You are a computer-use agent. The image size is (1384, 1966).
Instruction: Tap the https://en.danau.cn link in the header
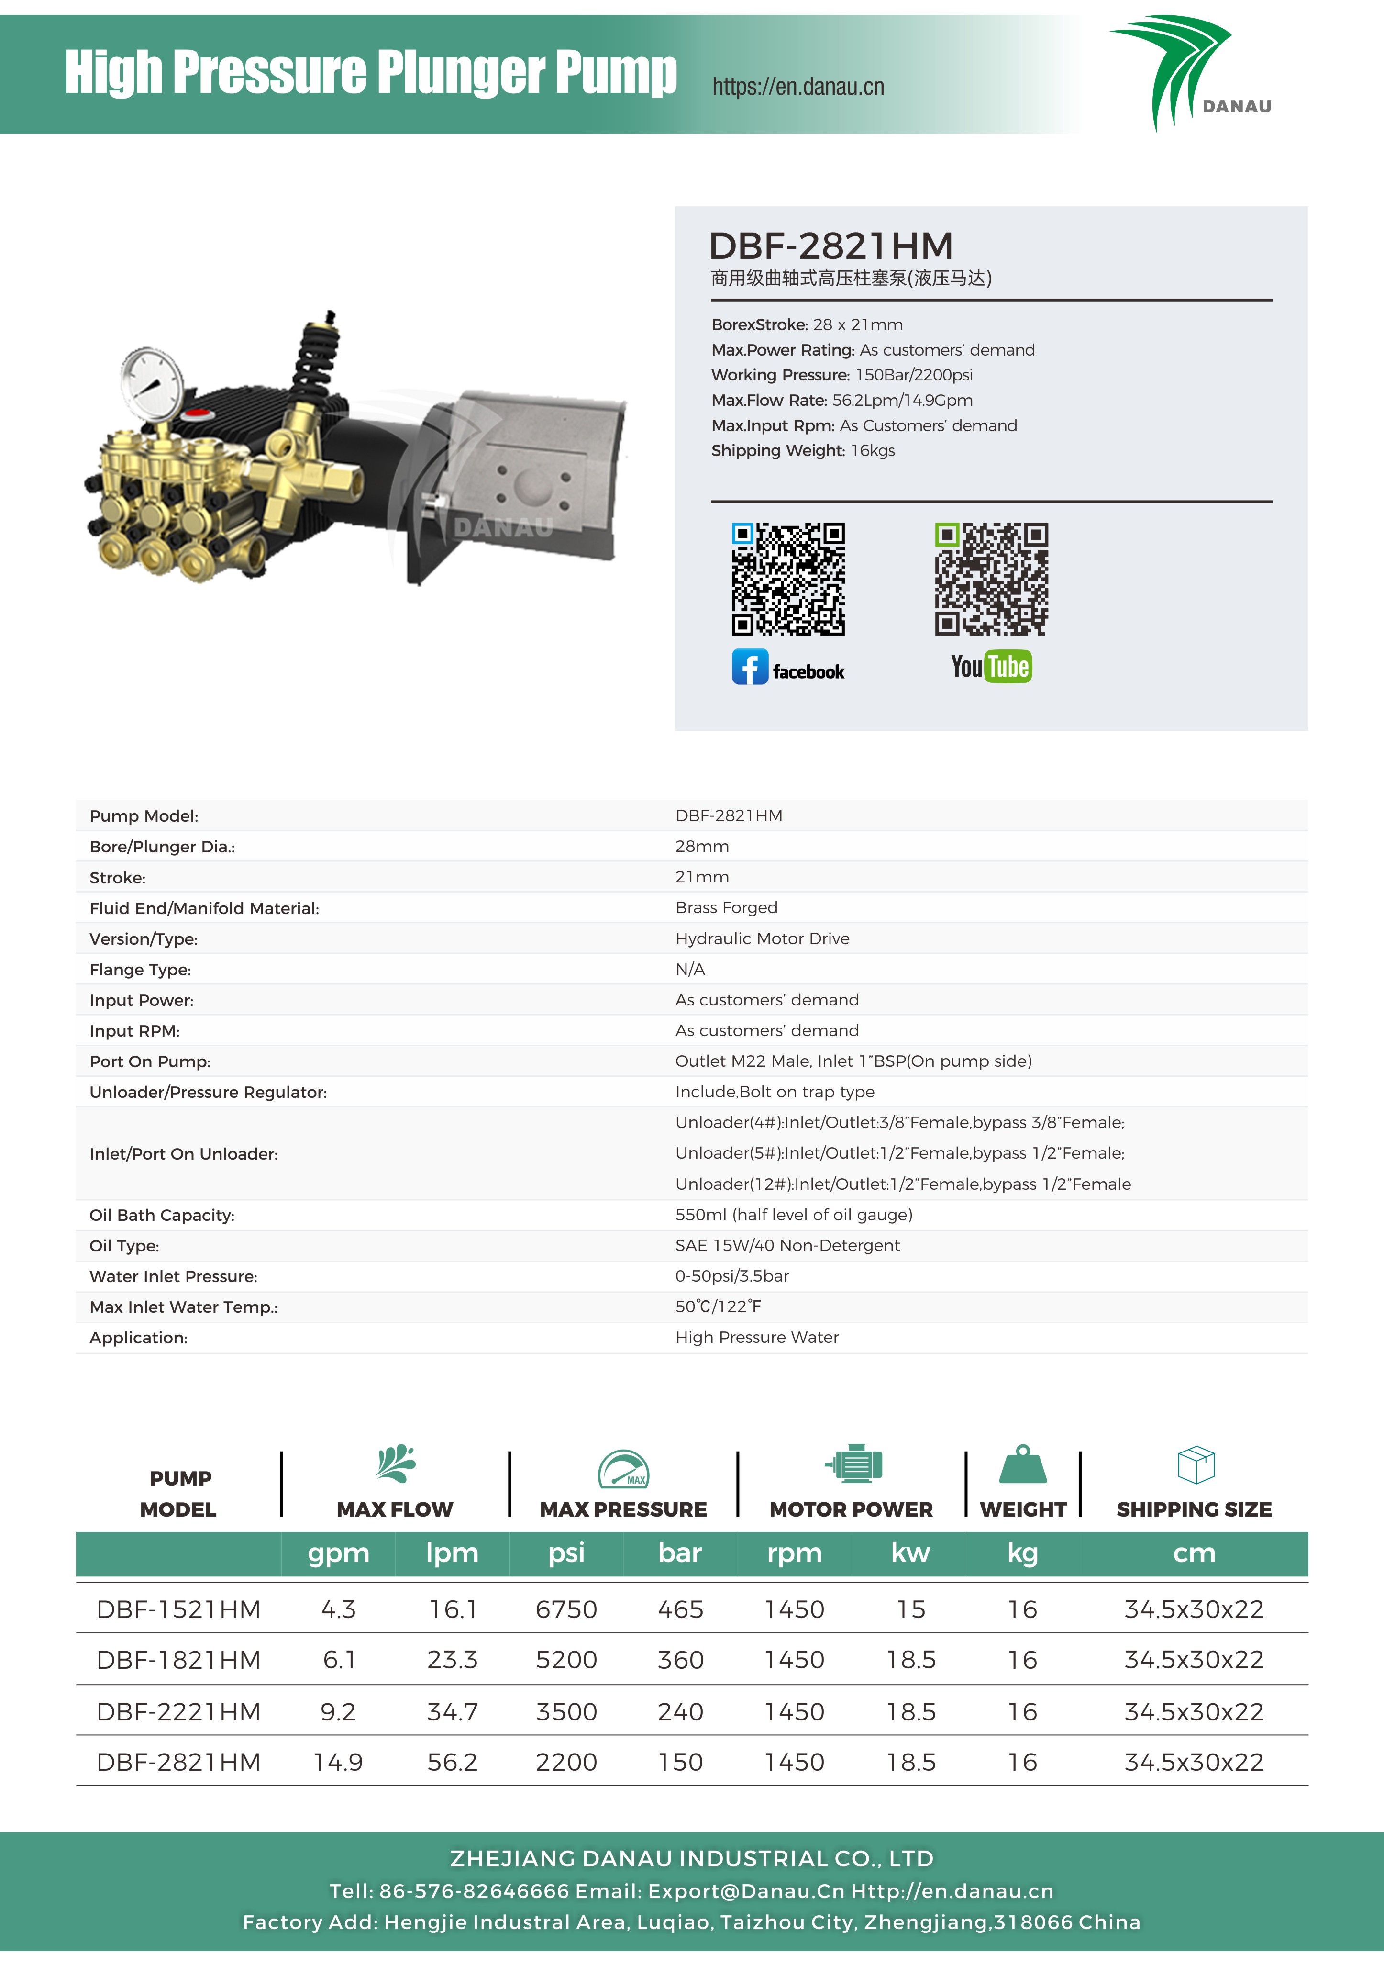pyautogui.click(x=797, y=87)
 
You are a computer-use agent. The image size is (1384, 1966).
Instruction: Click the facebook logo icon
pyautogui.click(x=750, y=667)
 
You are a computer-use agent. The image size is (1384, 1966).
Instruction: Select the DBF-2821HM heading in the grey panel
pyautogui.click(x=830, y=246)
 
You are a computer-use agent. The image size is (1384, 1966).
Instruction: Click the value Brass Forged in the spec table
pyautogui.click(x=726, y=908)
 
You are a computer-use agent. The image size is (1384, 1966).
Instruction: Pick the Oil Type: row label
pyautogui.click(x=124, y=1246)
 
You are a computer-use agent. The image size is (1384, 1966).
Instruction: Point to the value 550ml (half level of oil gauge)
pyautogui.click(x=794, y=1215)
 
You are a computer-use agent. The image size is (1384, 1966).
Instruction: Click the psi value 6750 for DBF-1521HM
pyautogui.click(x=566, y=1610)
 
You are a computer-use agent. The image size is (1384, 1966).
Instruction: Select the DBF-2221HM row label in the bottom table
pyautogui.click(x=178, y=1712)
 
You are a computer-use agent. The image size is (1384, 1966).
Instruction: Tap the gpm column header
pyautogui.click(x=338, y=1553)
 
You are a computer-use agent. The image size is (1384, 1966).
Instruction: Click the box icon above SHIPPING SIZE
pyautogui.click(x=1196, y=1465)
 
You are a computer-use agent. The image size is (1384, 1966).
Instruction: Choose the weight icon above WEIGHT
pyautogui.click(x=1023, y=1465)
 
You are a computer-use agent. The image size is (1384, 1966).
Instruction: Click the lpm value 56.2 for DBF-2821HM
pyautogui.click(x=452, y=1762)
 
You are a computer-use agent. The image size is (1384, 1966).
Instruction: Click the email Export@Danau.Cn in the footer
pyautogui.click(x=745, y=1891)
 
